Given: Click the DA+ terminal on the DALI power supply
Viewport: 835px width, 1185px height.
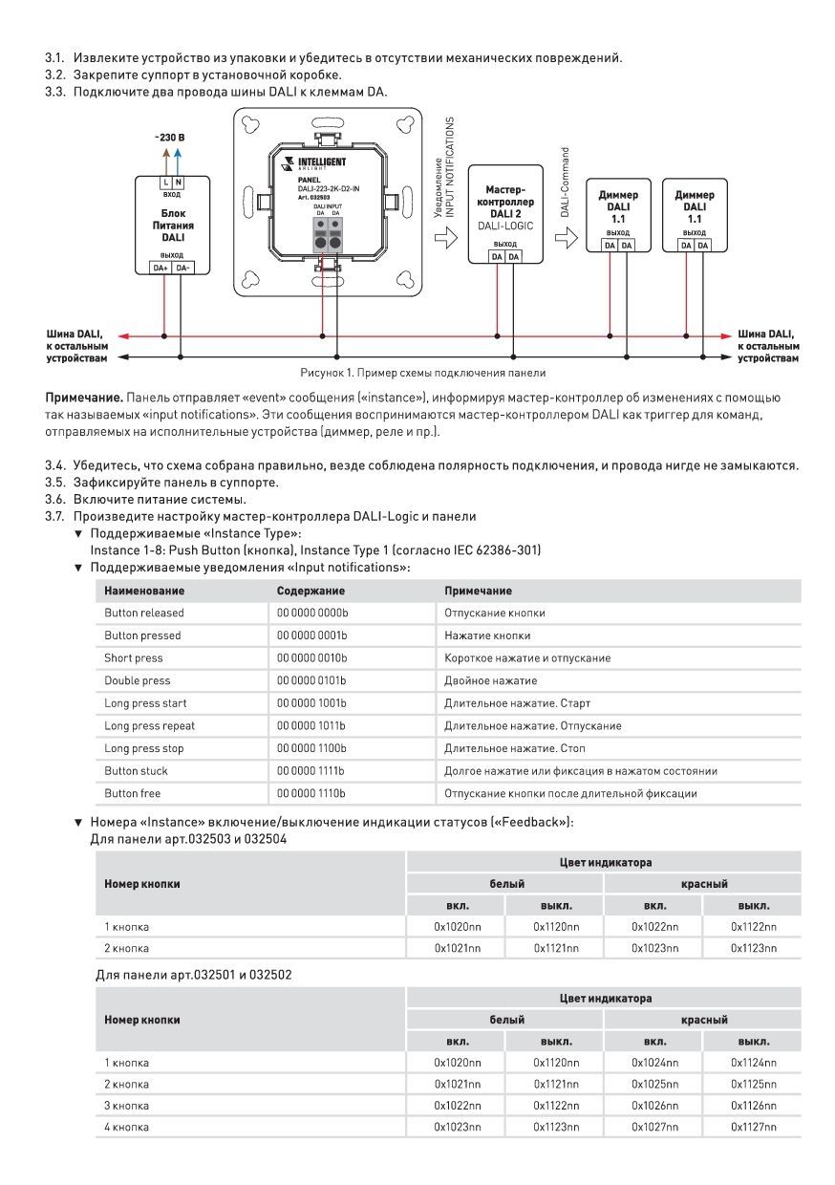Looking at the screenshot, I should point(161,268).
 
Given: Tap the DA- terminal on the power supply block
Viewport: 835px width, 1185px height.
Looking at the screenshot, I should point(182,268).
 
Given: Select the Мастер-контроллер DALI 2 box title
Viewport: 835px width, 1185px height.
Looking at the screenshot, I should point(504,202).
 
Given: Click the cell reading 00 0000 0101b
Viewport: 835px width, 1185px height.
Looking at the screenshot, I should point(312,680).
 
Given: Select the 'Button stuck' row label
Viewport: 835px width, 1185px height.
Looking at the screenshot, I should point(133,771).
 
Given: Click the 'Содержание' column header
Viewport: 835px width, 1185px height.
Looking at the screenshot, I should point(310,591).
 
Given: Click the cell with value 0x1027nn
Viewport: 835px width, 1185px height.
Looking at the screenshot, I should point(654,1128).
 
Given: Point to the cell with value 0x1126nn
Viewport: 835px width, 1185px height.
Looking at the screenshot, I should point(754,1106).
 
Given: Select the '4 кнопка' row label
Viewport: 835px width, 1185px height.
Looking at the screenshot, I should point(127,1128).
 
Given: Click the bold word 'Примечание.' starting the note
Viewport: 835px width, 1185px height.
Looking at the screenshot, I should point(83,397).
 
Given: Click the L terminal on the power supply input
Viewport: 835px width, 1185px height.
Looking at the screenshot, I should point(165,182).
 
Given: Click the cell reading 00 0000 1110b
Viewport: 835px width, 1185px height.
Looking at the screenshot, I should point(312,793).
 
